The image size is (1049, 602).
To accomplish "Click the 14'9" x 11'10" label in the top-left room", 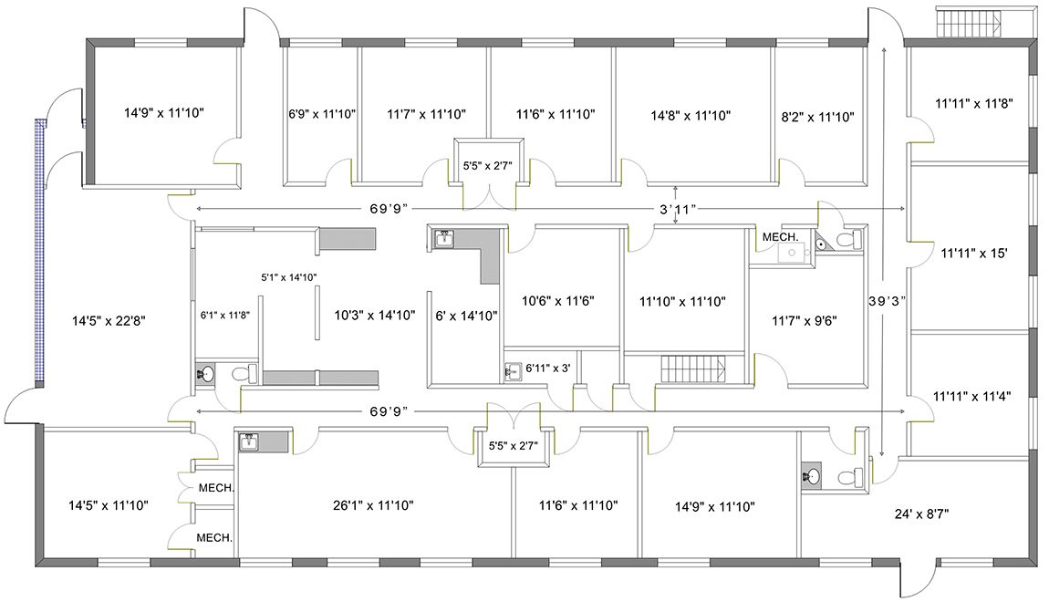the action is tap(164, 112).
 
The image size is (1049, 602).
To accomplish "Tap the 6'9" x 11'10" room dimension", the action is tap(322, 114).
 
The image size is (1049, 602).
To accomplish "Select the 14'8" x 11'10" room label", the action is tap(691, 116).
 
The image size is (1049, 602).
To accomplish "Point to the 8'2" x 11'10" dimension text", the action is tap(817, 117).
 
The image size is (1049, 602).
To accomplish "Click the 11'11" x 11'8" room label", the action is tap(974, 103).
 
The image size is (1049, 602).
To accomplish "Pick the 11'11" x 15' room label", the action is tap(974, 253).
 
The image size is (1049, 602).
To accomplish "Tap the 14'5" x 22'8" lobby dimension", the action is tap(109, 321).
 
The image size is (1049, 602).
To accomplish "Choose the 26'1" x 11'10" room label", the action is tap(373, 505).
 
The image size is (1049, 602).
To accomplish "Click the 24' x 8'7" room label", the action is tap(922, 514).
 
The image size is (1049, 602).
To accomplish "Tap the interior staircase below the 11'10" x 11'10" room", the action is tap(693, 370).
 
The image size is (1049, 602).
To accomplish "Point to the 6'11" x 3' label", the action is tap(548, 368).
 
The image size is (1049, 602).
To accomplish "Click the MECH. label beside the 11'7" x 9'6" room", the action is tap(781, 237).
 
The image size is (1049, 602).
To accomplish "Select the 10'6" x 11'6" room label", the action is tap(558, 301).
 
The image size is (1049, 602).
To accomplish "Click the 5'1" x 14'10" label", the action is tap(289, 277).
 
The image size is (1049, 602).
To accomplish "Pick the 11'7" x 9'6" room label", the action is tap(805, 321).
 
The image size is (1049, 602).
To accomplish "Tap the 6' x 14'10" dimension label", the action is tap(466, 315).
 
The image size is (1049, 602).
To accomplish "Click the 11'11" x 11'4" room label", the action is tap(972, 396).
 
